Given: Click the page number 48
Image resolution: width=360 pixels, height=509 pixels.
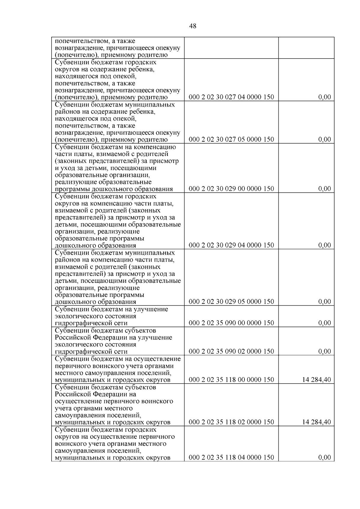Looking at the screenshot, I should (193, 26).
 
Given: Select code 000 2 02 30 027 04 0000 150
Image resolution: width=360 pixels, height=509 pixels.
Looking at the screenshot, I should (231, 97).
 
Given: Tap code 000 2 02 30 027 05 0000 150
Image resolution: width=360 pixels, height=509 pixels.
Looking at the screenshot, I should (231, 139).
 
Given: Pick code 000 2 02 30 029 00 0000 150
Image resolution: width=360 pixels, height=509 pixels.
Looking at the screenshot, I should (231, 189).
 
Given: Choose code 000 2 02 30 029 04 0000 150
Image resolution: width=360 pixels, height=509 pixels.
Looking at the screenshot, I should (231, 245).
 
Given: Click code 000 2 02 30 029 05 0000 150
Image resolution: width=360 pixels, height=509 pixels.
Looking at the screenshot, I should (231, 302).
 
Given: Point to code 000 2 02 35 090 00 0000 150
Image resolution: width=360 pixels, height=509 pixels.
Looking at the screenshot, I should (231, 323).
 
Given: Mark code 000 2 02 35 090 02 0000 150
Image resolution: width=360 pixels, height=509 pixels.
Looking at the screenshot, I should (231, 352).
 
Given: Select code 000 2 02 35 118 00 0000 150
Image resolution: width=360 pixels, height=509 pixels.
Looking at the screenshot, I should (231, 380).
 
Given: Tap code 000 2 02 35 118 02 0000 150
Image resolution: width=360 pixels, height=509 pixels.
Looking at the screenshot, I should (231, 422).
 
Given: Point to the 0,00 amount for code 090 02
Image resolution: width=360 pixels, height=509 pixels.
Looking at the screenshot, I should (325, 352).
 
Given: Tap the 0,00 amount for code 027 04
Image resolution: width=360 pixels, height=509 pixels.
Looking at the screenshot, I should (325, 97).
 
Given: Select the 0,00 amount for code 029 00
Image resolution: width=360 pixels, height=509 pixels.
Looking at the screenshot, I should (325, 189).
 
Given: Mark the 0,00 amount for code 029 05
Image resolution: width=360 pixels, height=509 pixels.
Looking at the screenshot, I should (325, 302).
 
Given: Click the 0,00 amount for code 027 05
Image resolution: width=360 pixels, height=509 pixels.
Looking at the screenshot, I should (325, 139).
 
